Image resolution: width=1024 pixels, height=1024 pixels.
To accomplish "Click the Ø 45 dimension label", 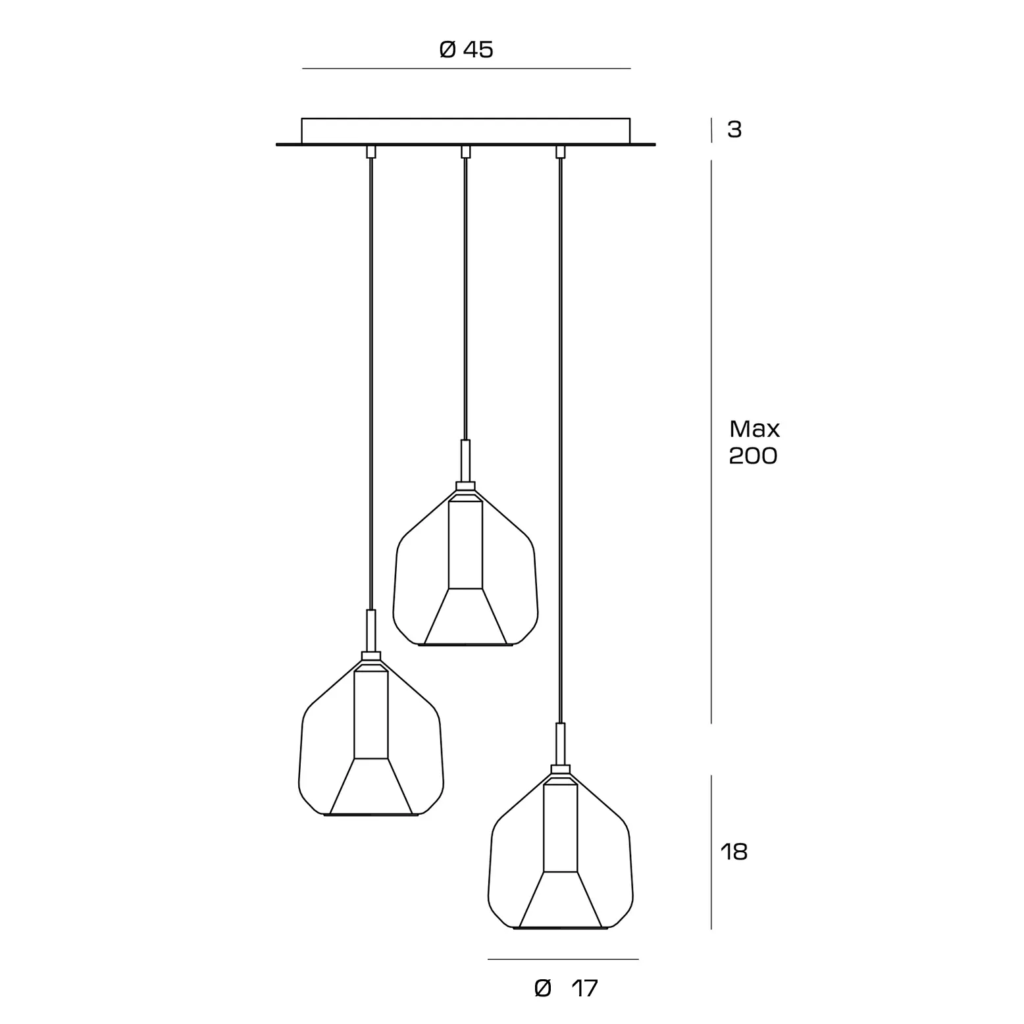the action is (x=466, y=49).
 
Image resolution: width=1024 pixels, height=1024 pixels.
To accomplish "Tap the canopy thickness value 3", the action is (x=734, y=130).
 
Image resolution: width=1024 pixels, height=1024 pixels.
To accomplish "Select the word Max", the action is (x=754, y=429).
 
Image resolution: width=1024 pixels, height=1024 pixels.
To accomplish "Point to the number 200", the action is (x=754, y=455).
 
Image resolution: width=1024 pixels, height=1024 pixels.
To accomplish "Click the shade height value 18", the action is (x=734, y=852).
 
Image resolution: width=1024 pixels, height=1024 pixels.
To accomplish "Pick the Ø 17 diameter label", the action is (x=566, y=988).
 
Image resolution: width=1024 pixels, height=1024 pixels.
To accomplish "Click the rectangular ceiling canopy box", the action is (x=466, y=130).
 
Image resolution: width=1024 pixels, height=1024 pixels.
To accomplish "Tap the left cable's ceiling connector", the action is (x=371, y=152).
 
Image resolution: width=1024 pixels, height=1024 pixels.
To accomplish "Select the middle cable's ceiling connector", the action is (x=466, y=152).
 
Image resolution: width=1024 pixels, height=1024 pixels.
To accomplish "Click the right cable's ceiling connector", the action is (x=561, y=152).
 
